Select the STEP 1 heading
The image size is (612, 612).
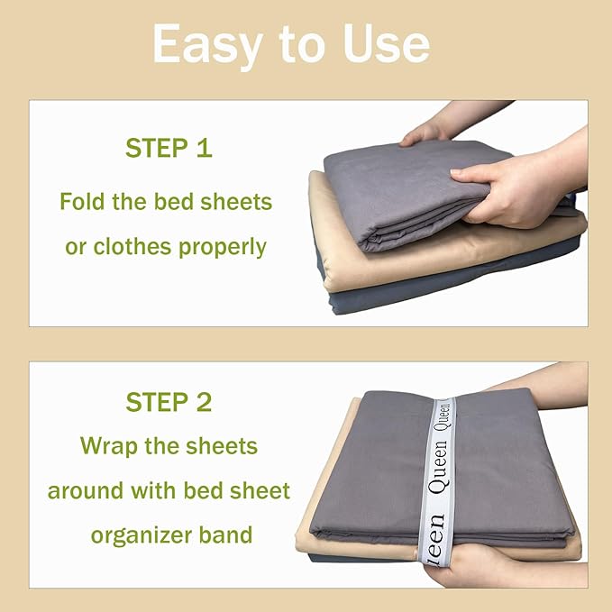click(169, 149)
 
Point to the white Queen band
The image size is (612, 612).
click(439, 469)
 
